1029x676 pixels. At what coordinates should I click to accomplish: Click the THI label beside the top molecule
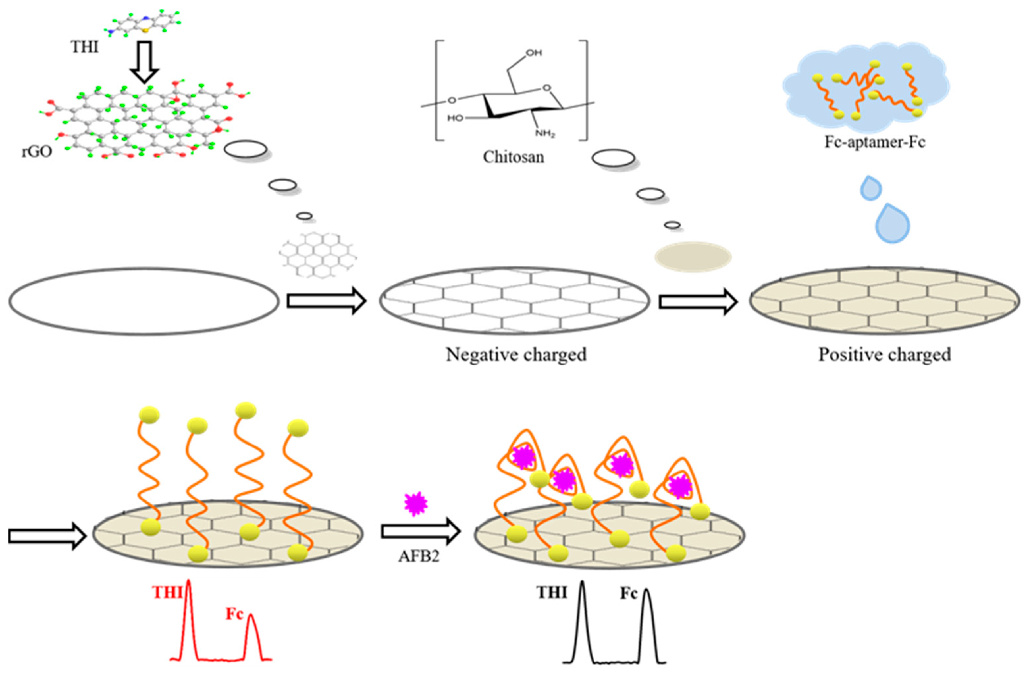coord(84,47)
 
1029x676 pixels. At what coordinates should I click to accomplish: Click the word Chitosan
coord(513,156)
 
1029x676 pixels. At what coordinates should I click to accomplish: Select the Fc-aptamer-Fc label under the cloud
coord(875,142)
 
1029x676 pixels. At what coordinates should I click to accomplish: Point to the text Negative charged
coord(516,355)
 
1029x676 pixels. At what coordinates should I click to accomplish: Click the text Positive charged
coord(884,355)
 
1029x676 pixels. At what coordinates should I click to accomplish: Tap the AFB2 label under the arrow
coord(418,556)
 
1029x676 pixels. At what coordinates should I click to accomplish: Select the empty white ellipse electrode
coord(144,301)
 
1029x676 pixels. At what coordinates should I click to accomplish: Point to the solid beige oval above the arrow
coord(693,257)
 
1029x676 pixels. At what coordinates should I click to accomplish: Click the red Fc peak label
coord(234,614)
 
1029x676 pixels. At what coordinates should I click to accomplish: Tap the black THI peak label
coord(551,592)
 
